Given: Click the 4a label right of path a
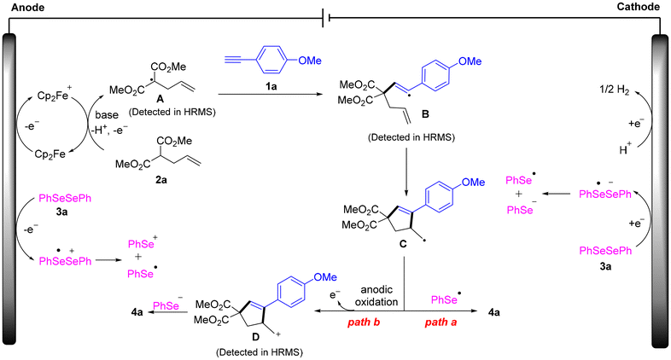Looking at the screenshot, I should pos(493,312).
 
